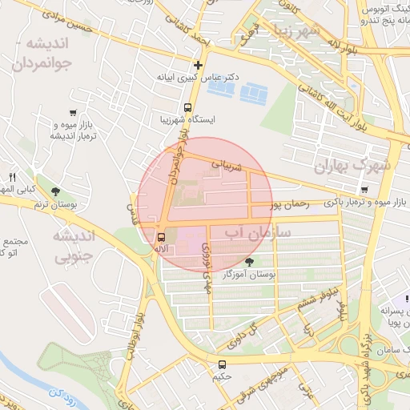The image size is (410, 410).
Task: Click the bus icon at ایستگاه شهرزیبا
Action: click(188, 107)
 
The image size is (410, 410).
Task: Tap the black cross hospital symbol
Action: click(199, 65)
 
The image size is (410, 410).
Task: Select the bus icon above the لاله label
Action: click(162, 237)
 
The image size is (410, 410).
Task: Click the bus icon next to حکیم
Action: click(222, 364)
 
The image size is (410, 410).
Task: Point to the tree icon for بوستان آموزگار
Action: click(250, 261)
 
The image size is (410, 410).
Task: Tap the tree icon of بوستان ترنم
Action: click(55, 192)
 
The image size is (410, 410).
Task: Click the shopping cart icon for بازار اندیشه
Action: click(73, 113)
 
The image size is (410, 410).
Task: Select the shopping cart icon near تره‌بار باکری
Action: click(365, 190)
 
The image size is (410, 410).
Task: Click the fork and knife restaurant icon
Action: click(12, 177)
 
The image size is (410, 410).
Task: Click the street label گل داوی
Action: click(246, 329)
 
